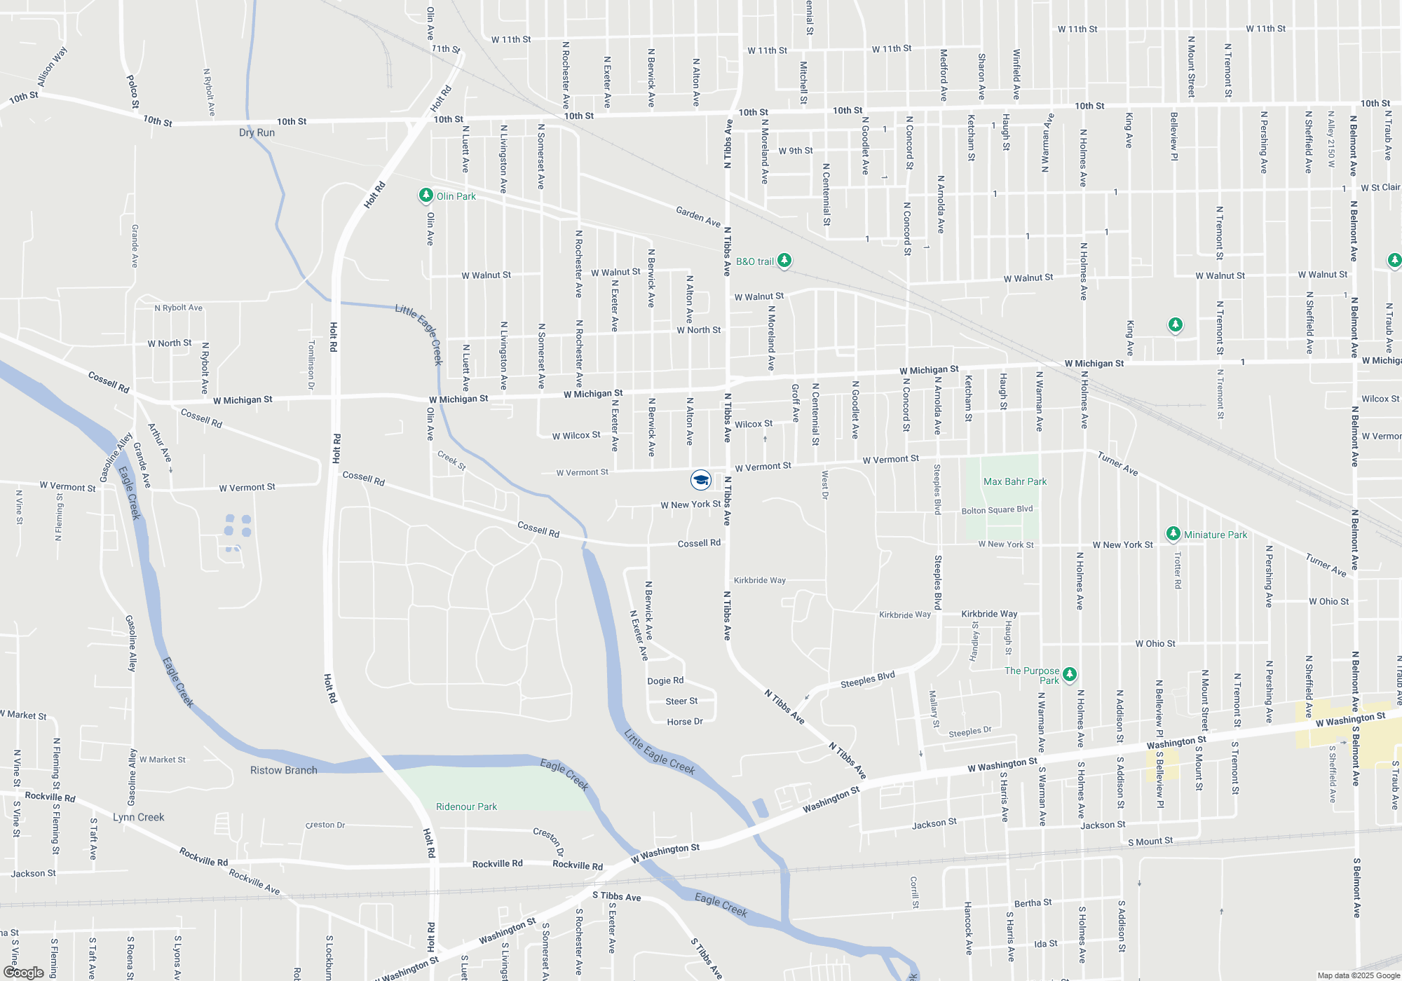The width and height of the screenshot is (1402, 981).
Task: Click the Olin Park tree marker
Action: [426, 195]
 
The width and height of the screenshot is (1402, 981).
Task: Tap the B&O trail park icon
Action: [784, 261]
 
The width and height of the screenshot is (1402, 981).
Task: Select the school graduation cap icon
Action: [700, 480]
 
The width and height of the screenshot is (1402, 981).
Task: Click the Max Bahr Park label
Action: [1014, 481]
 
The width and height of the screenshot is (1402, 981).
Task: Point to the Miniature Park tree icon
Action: [1173, 534]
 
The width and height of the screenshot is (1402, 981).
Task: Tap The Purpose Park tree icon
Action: [1069, 674]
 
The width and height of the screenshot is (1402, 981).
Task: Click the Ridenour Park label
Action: [466, 807]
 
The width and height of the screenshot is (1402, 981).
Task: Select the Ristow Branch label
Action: [284, 770]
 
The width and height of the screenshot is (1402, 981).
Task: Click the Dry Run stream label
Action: [257, 132]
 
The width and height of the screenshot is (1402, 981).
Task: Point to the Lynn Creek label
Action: [139, 817]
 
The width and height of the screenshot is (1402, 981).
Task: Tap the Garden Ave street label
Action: [698, 217]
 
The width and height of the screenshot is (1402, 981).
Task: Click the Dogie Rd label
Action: [665, 680]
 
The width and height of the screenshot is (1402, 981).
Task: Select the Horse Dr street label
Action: [685, 722]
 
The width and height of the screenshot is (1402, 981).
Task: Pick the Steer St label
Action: [681, 701]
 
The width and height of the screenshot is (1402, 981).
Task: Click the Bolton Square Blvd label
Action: [997, 509]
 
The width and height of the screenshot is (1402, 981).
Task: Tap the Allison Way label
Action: [52, 67]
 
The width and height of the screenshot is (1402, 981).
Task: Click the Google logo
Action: [24, 972]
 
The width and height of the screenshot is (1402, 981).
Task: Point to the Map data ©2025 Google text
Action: [1359, 975]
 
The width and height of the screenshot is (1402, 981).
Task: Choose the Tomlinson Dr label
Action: [311, 365]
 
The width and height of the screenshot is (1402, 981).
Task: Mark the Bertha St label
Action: [1033, 903]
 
